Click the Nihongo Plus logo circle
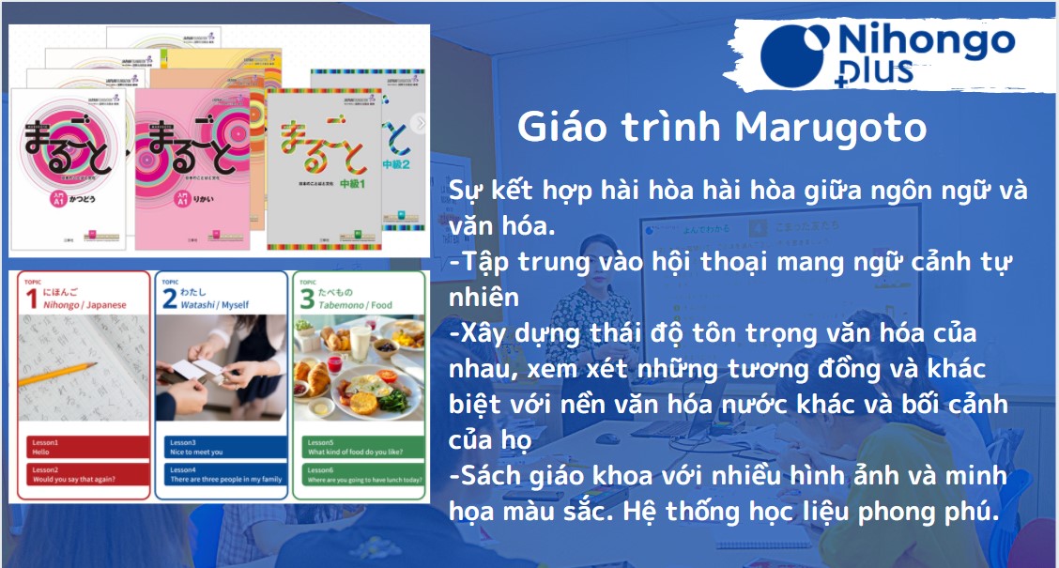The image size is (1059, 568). [794, 55]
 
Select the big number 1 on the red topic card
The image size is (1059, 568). [29, 298]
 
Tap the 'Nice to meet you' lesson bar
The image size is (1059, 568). [221, 447]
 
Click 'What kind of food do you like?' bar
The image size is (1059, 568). [360, 447]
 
